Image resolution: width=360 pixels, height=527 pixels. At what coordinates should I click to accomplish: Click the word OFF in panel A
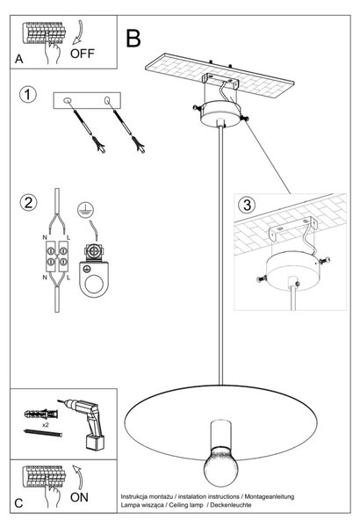(x=83, y=54)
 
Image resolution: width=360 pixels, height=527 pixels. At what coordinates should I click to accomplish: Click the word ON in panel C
(x=79, y=497)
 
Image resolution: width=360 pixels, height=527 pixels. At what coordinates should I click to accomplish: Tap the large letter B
(x=133, y=39)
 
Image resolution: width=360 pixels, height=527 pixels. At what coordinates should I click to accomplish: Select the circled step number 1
(x=27, y=95)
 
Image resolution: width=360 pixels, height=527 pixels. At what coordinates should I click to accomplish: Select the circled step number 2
(x=28, y=203)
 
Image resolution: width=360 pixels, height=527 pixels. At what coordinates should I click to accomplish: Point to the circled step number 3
(x=247, y=205)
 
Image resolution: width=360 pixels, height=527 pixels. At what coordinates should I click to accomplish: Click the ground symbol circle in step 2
(x=86, y=210)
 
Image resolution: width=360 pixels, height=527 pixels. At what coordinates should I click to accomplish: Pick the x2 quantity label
(x=46, y=425)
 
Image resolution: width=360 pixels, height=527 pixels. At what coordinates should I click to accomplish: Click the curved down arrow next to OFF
(x=79, y=33)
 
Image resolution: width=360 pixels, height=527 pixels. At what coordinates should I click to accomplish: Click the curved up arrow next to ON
(x=78, y=477)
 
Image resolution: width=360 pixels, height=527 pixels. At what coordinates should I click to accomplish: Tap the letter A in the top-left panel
(x=18, y=59)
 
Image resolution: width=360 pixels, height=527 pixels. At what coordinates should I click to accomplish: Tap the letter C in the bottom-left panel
(x=18, y=503)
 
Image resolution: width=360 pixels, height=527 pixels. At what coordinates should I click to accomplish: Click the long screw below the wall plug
(x=43, y=434)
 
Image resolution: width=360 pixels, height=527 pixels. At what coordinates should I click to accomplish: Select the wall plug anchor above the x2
(x=41, y=414)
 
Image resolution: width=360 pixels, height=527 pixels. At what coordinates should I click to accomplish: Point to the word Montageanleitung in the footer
(x=270, y=496)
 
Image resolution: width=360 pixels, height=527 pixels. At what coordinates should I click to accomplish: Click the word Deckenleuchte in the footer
(x=231, y=505)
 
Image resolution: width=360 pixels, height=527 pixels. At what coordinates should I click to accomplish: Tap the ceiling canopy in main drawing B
(x=220, y=113)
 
